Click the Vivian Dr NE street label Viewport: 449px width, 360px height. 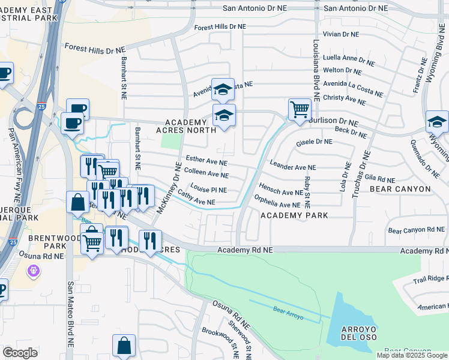(340, 35)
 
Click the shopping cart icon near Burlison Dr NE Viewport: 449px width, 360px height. (300, 110)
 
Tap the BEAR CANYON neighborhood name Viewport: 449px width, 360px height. (401, 189)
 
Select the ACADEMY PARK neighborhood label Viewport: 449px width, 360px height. (294, 215)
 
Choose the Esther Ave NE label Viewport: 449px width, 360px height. (206, 162)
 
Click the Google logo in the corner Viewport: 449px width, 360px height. (20, 353)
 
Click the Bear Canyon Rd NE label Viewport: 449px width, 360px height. (417, 230)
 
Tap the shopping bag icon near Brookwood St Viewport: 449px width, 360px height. (124, 346)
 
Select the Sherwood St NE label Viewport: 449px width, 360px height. (239, 339)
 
